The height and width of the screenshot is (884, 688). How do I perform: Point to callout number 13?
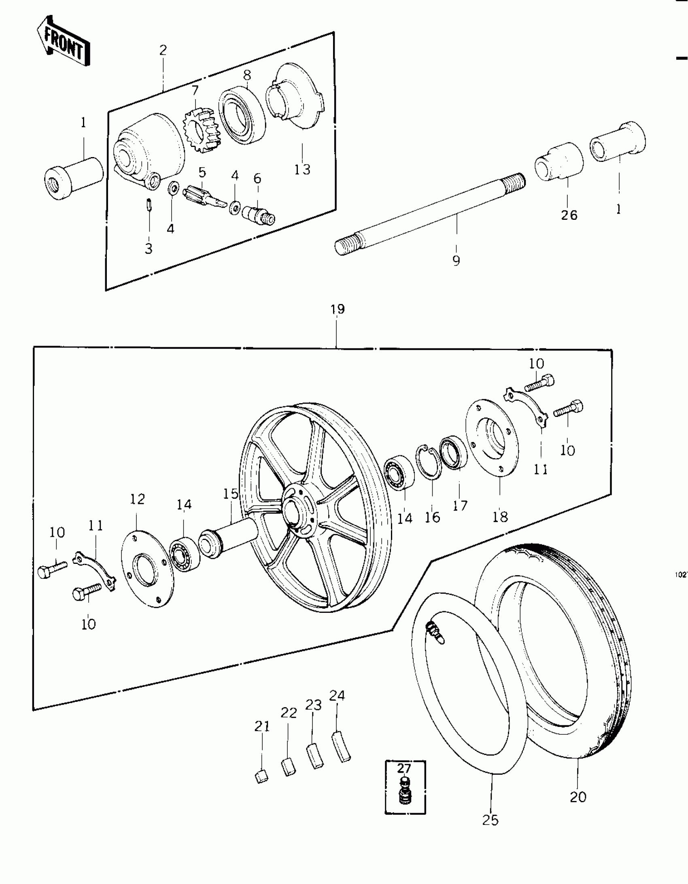click(302, 169)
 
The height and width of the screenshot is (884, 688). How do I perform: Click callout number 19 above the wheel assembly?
click(338, 309)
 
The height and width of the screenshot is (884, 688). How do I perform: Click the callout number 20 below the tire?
click(578, 797)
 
